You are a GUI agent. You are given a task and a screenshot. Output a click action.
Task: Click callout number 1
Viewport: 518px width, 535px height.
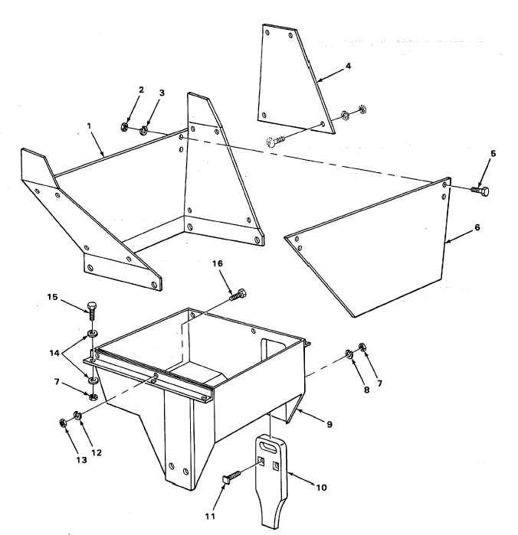89,126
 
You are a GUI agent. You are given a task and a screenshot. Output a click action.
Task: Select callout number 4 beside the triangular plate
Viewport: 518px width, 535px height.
348,66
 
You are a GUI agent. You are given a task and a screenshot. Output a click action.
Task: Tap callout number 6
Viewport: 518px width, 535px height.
477,227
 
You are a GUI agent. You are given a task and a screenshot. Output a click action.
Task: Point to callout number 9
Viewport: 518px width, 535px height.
329,424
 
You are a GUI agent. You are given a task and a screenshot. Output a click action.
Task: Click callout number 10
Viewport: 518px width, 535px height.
321,488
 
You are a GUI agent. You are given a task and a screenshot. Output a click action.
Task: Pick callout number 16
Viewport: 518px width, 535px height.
218,263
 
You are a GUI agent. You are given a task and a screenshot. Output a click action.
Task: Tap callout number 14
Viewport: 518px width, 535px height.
54,353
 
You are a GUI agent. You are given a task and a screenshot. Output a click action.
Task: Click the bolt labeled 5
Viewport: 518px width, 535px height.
480,191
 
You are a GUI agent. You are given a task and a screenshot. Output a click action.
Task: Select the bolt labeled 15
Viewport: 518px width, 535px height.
92,310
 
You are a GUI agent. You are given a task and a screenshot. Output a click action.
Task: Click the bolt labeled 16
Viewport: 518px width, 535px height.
238,295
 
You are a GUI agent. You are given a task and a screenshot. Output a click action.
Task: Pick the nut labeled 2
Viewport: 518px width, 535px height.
124,127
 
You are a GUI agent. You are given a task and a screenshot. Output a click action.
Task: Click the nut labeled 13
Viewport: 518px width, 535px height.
63,423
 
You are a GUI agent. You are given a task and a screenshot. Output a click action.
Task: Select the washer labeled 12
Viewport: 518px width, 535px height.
77,415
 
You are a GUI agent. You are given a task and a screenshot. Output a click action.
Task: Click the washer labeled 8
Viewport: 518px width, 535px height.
349,354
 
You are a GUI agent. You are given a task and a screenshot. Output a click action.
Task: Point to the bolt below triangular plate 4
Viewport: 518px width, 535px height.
275,141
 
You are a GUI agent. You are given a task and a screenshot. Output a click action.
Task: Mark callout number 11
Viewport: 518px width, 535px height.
210,516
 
